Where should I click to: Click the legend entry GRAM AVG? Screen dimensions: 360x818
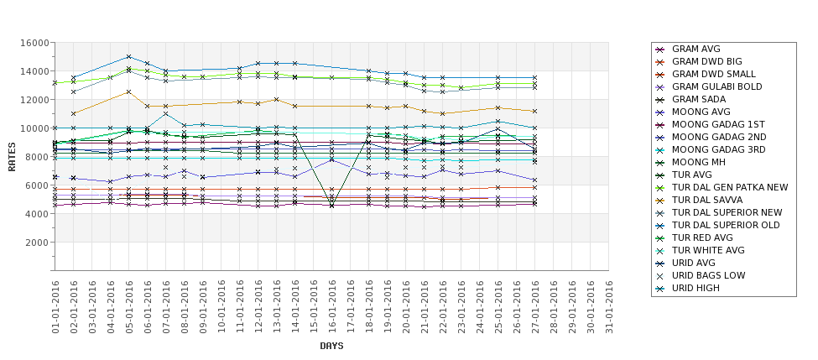(x=696, y=49)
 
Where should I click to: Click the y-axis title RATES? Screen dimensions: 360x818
(x=12, y=156)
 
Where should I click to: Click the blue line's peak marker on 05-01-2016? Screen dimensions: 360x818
(x=128, y=57)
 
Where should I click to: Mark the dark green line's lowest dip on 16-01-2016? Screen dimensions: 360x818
(x=331, y=205)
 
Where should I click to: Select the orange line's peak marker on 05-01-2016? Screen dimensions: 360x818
(x=128, y=91)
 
